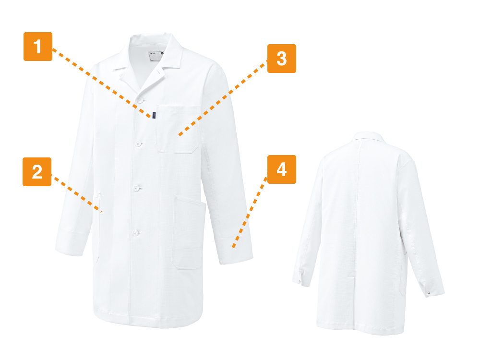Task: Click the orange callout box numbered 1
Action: pyautogui.click(x=38, y=47)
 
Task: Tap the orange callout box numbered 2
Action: pyautogui.click(x=37, y=172)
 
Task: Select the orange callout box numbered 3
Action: pyautogui.click(x=282, y=59)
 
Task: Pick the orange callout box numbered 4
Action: pyautogui.click(x=282, y=169)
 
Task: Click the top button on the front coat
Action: pyautogui.click(x=141, y=100)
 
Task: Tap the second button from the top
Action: pyautogui.click(x=138, y=143)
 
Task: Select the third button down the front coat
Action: pyautogui.click(x=136, y=188)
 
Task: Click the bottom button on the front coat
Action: pyautogui.click(x=135, y=233)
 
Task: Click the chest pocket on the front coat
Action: pyautogui.click(x=178, y=129)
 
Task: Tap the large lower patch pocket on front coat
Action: pyautogui.click(x=189, y=232)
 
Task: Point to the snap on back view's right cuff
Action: pyautogui.click(x=429, y=293)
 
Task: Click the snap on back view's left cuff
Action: pyautogui.click(x=300, y=281)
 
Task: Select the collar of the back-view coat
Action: pyautogui.click(x=369, y=136)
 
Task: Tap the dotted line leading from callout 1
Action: pyautogui.click(x=102, y=83)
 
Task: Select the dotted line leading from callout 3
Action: pyautogui.click(x=223, y=98)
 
